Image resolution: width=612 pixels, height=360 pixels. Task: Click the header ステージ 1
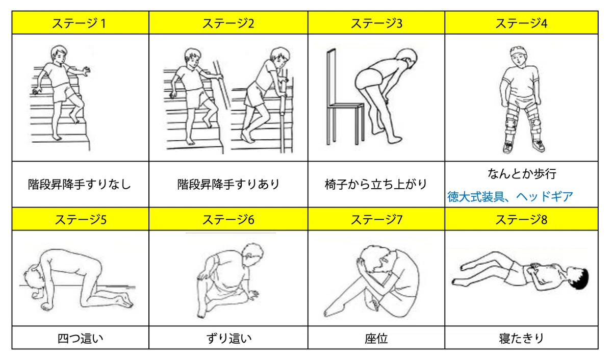pos(79,23)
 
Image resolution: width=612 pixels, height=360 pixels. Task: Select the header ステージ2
pos(228,23)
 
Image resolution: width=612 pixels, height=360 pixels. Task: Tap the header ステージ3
pos(376,23)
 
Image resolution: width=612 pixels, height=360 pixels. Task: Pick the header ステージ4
pos(521,23)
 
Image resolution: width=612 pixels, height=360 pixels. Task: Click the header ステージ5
pos(81,220)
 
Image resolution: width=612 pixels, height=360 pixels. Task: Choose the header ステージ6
pos(228,220)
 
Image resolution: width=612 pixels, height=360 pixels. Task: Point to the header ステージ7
pos(376,220)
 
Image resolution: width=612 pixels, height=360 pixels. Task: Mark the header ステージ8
pos(521,220)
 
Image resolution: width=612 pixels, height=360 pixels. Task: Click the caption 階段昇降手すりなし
pos(80,185)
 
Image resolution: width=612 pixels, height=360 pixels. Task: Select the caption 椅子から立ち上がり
pos(376,185)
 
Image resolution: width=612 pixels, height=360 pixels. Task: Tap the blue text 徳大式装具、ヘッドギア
pos(510,197)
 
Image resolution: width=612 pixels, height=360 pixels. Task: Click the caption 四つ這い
pos(81,339)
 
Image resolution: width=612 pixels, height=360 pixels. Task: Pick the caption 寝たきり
pos(521,339)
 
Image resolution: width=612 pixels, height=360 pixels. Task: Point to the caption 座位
pos(376,339)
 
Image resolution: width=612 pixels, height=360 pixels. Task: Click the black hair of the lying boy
pos(580,278)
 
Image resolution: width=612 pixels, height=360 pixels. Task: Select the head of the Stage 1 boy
pos(59,55)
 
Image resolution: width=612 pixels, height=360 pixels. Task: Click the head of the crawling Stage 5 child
pos(33,278)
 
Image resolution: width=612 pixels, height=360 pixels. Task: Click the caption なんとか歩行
pos(522,174)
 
